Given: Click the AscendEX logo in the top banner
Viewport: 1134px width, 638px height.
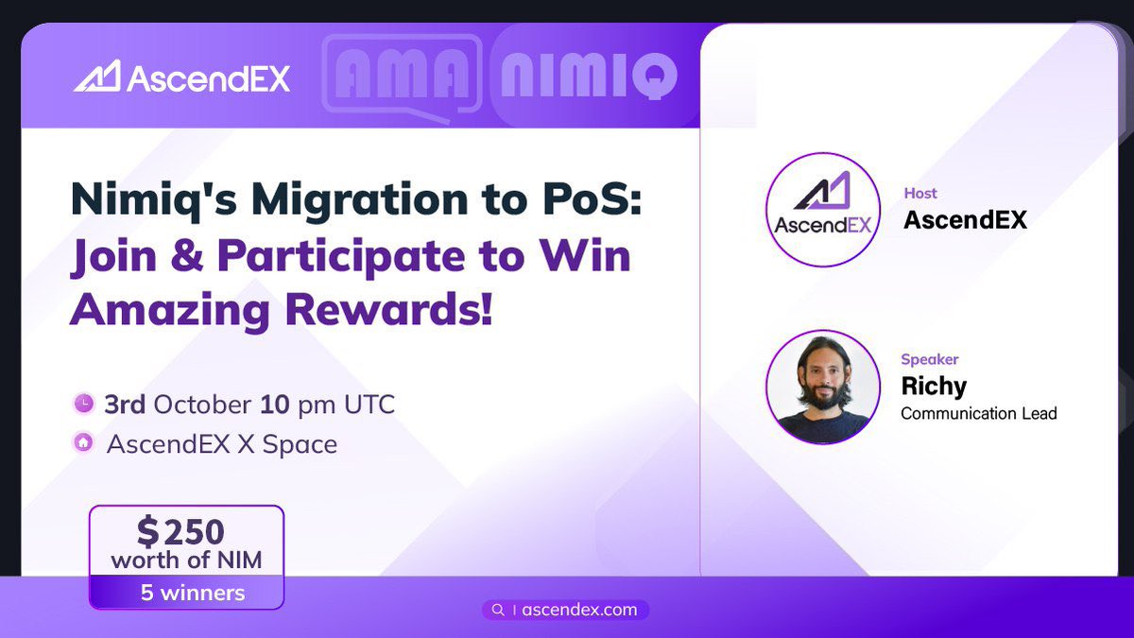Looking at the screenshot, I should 181,77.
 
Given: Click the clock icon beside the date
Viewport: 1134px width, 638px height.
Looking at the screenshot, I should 84,405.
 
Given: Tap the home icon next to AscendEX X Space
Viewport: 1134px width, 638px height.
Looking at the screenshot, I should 84,443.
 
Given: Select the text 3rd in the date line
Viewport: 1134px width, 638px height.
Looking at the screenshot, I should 125,405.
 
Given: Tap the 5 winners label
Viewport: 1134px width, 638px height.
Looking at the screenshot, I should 186,593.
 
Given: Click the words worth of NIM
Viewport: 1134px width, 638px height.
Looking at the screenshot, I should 186,560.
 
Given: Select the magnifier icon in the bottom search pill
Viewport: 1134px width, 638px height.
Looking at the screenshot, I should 497,610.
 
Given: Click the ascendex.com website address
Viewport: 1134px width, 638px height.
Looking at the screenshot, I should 579,610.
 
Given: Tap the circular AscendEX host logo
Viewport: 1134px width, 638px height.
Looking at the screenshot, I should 822,210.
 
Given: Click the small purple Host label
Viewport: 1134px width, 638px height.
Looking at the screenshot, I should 920,193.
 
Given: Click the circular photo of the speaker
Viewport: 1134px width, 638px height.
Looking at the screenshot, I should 822,387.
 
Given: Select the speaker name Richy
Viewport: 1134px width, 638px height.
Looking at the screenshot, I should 934,386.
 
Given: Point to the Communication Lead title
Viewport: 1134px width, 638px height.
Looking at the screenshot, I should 978,413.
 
